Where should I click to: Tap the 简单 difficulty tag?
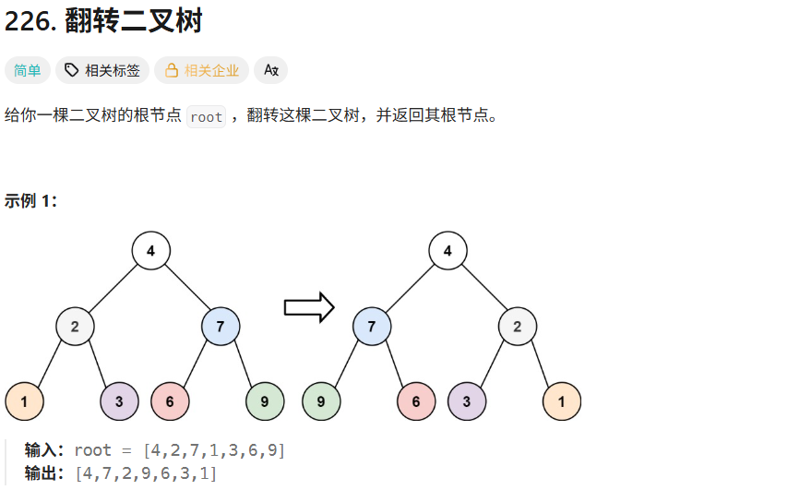28,70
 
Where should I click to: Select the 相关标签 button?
102,70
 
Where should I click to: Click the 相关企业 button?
202,70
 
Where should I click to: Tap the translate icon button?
270,70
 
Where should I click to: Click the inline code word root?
206,117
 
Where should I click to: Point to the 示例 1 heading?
31,201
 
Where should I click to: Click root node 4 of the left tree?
150,250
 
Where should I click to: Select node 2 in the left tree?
75,326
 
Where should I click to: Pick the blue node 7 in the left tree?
221,326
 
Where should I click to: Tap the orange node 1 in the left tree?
24,401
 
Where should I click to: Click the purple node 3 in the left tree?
119,401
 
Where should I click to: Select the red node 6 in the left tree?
170,401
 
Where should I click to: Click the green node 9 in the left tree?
265,401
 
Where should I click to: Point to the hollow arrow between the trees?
308,307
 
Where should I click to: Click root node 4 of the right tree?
448,250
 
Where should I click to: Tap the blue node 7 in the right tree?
371,326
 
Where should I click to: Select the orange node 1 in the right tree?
562,401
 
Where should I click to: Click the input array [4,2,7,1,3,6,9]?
213,450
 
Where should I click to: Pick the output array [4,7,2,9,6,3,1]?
147,473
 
